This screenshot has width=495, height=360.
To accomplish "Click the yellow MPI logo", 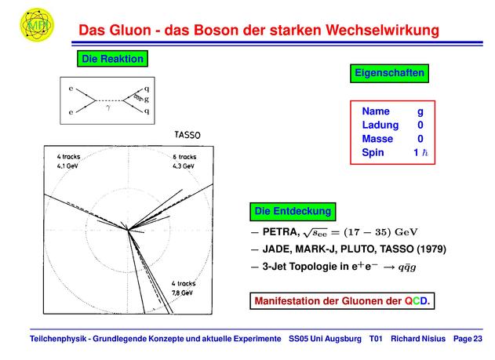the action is point(37,25).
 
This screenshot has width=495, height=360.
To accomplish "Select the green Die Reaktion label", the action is point(112,59).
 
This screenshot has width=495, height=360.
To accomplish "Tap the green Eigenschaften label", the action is point(389,73).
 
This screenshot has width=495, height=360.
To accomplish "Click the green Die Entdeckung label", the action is point(293,212).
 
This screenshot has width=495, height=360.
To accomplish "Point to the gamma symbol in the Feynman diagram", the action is point(108,107).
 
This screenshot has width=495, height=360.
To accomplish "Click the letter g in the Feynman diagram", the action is point(147,100).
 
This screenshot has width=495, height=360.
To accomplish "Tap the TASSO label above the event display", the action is point(187,135).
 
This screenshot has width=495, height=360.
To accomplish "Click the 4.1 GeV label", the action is point(67,166).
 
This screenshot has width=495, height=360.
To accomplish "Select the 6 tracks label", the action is point(184,157).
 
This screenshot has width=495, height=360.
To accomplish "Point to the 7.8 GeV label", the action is point(182,293).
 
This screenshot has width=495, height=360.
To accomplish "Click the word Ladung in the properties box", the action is point(380,125).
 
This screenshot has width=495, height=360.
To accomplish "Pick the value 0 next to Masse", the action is point(420,139).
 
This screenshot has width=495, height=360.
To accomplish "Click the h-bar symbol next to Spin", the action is point(425,153).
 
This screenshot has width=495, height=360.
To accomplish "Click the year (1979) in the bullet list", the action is point(431,249).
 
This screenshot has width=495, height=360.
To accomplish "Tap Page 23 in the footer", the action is point(468,339).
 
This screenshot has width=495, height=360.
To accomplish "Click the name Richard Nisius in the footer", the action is point(418,339).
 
